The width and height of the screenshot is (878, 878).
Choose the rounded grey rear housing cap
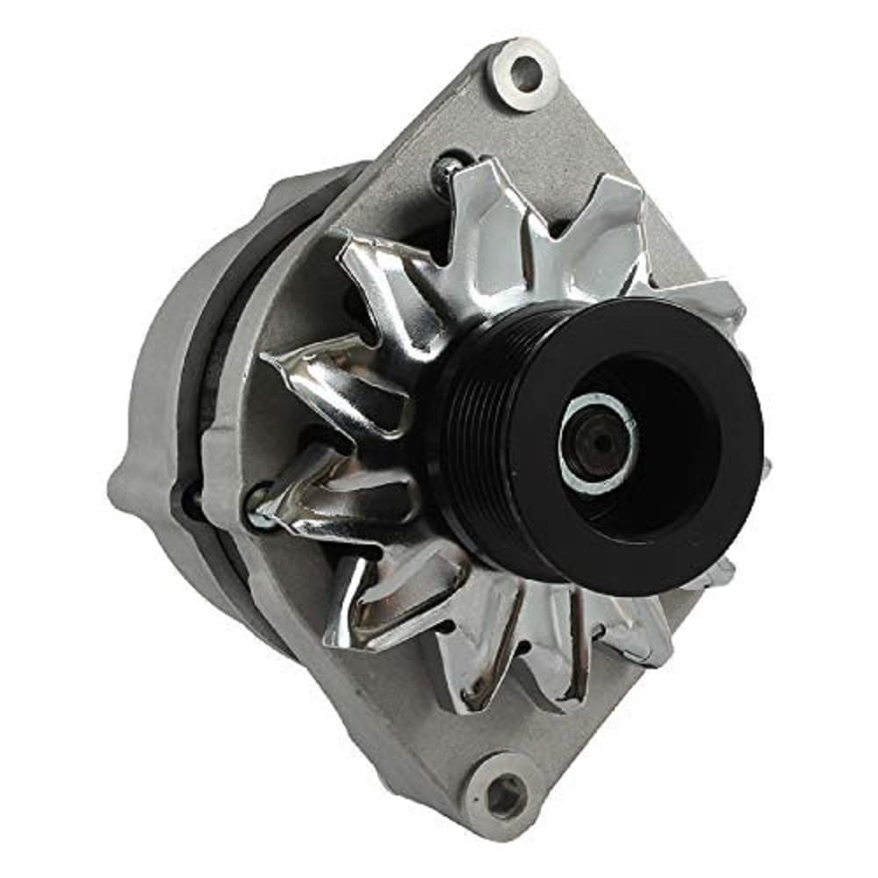(x=167, y=395)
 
